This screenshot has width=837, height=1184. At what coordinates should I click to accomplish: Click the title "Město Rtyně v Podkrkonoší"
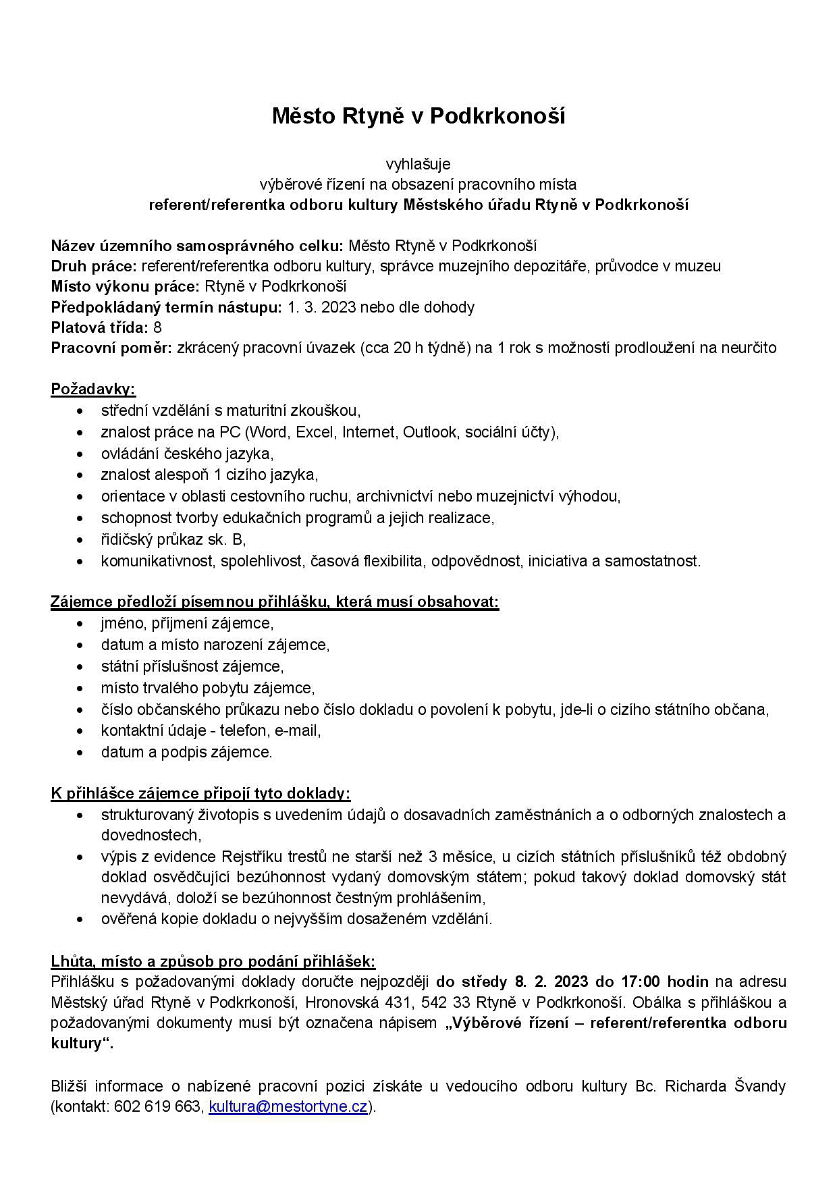[418, 116]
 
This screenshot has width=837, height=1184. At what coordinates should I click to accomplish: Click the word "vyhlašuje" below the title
[418, 164]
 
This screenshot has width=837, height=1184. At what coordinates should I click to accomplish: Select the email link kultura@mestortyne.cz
[288, 1106]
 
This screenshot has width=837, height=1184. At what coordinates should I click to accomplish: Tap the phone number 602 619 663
[158, 1106]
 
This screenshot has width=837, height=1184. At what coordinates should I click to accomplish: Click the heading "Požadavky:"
[93, 389]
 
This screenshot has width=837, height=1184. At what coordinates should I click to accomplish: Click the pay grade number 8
[158, 327]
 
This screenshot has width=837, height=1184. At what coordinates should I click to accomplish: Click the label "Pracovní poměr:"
[111, 348]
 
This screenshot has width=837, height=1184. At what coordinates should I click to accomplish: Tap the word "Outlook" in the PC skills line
[430, 431]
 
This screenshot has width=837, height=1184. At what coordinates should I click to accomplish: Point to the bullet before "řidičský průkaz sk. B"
[82, 540]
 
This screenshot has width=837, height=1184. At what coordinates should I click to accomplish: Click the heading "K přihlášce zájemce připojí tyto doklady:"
[200, 792]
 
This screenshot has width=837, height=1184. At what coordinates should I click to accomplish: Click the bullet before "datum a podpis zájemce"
[82, 752]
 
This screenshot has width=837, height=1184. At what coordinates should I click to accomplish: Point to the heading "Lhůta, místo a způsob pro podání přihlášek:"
[213, 961]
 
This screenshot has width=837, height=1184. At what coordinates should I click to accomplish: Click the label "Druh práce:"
[94, 266]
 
